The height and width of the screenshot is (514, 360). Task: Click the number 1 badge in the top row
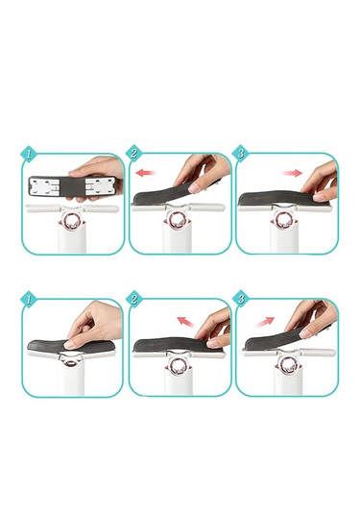coord(30,154)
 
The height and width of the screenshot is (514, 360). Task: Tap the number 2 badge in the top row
coord(134,153)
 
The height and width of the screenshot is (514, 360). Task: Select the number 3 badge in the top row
coord(241,153)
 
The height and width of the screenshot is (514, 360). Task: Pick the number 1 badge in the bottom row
coord(29,299)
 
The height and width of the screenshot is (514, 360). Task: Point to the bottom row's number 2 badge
coord(134,299)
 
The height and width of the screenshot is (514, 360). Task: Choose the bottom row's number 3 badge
coord(241,298)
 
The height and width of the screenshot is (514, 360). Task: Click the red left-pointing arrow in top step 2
coord(146,172)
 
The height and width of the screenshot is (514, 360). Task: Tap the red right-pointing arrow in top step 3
coord(292,173)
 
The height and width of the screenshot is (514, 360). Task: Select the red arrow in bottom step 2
coord(185,322)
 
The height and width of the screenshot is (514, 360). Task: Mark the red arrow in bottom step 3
coord(265,322)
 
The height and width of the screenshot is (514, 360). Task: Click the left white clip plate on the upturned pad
coord(45,187)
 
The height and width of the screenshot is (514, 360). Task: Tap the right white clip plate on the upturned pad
coord(100,186)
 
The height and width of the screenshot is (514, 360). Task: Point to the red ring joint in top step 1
coord(72,221)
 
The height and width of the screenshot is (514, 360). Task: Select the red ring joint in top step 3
coord(283,221)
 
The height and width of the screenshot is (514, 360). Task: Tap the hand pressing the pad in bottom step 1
coord(93,324)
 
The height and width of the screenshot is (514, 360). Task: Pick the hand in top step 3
coord(321,182)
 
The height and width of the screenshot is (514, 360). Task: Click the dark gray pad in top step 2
coord(164,195)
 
